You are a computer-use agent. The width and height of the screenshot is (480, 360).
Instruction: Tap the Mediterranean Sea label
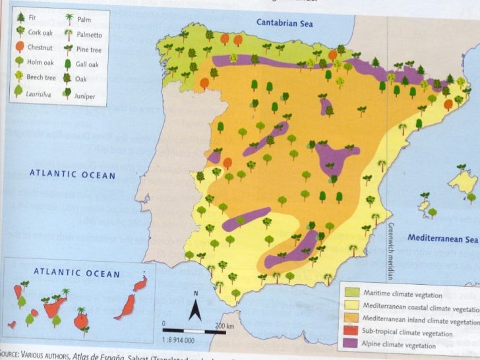click(x=442, y=238)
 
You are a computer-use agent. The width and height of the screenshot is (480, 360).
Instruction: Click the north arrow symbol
click(x=195, y=307)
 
